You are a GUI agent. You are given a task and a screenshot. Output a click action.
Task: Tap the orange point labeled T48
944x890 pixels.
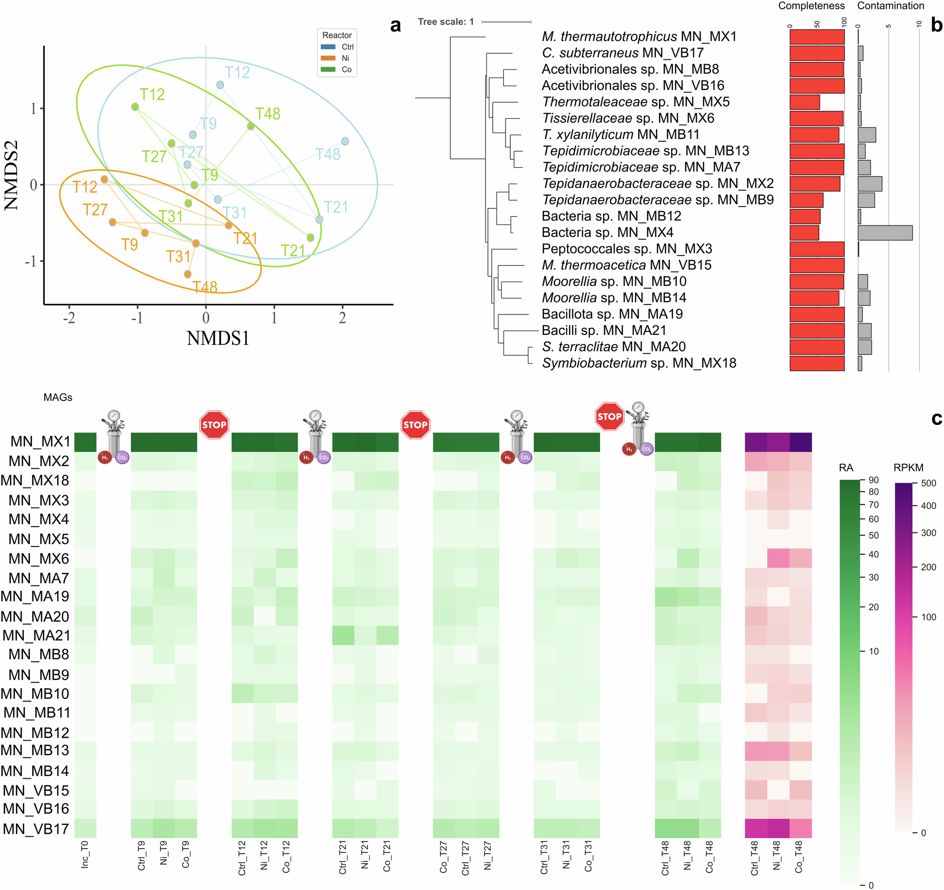click(x=187, y=274)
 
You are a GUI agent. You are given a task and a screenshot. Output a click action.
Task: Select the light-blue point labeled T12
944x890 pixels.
click(x=220, y=85)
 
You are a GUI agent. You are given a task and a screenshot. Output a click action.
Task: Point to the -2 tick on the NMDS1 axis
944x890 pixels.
click(x=69, y=318)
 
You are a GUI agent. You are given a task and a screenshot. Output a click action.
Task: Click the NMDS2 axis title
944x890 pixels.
click(x=11, y=175)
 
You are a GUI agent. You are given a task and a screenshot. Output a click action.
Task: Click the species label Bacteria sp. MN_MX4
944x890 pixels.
click(x=607, y=232)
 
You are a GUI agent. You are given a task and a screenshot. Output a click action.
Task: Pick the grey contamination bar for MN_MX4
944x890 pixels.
click(x=885, y=233)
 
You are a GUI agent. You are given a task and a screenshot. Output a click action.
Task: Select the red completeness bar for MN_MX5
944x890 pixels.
click(x=805, y=102)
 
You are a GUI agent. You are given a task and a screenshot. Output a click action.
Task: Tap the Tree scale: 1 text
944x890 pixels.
click(x=446, y=22)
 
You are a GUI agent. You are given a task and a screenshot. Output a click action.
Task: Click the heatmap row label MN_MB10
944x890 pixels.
click(x=35, y=694)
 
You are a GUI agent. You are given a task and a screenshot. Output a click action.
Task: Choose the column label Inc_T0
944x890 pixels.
click(x=85, y=854)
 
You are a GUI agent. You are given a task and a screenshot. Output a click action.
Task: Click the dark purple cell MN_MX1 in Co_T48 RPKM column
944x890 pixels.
click(x=800, y=442)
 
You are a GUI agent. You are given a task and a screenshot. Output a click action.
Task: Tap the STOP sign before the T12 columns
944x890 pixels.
click(x=214, y=425)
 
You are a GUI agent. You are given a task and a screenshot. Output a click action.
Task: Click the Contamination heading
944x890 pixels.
click(x=890, y=6)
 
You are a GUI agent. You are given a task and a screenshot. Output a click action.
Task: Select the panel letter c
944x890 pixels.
click(x=936, y=418)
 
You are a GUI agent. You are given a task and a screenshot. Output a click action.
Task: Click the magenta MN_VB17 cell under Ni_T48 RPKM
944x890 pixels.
click(x=778, y=828)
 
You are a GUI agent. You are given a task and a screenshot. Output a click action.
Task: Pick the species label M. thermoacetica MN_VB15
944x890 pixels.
click(x=626, y=265)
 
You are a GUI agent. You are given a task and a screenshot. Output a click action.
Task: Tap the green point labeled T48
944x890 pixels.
click(x=251, y=126)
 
